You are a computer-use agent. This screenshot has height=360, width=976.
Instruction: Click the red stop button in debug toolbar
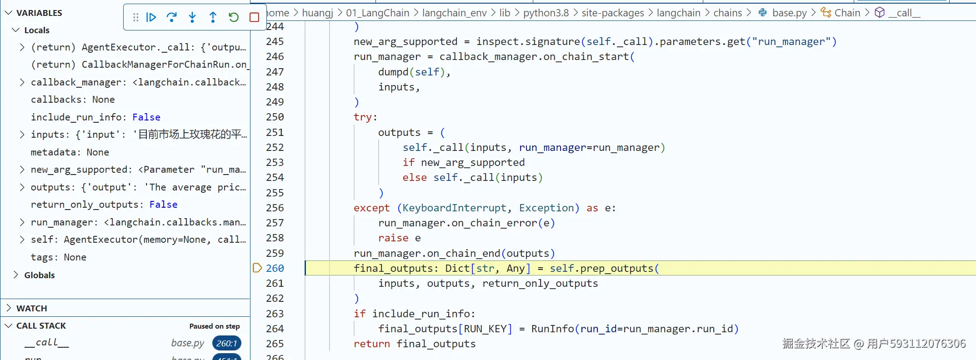pos(254,17)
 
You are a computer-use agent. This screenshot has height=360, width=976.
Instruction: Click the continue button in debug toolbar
pos(151,17)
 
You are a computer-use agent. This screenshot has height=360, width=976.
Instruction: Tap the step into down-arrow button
pos(192,17)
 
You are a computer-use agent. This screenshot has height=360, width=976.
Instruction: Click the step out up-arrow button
pos(213,17)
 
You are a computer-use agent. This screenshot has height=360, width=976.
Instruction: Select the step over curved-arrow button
pos(172,17)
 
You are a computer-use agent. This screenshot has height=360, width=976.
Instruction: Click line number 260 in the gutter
pos(275,268)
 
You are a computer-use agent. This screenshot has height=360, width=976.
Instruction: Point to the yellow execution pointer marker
pos(257,268)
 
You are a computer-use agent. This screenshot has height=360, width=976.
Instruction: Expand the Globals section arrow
pos(16,275)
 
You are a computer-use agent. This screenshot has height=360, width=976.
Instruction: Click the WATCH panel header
pos(32,308)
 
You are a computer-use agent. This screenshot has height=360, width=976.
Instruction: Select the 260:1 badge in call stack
pos(226,343)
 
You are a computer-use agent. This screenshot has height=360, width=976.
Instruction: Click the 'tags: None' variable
pos(58,257)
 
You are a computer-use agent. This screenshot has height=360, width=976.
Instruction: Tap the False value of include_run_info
pos(146,117)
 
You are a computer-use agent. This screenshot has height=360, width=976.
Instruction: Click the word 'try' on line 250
pos(363,117)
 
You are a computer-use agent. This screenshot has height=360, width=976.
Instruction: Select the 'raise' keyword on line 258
pos(393,238)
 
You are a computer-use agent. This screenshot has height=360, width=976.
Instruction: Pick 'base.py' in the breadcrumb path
pos(789,13)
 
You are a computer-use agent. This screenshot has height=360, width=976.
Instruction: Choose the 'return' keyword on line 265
pos(371,344)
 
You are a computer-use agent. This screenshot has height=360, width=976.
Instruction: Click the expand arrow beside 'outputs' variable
pos(22,187)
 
